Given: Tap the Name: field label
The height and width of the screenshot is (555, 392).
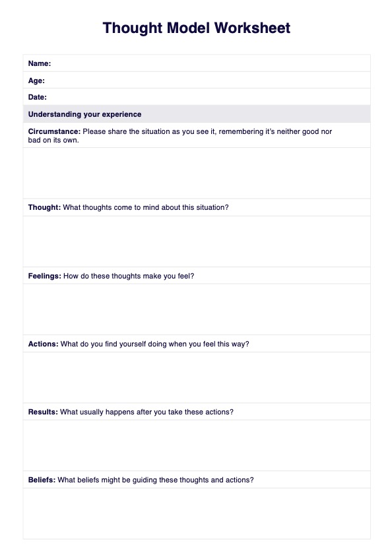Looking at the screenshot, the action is [40, 63].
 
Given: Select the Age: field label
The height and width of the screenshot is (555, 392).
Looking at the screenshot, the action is [36, 81].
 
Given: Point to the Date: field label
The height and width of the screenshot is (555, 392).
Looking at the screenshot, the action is [38, 98].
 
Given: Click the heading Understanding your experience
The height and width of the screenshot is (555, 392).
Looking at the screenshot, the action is [84, 114].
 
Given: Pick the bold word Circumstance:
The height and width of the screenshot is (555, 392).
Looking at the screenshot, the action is [54, 131].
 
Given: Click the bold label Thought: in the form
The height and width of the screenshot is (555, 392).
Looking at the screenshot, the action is [44, 207].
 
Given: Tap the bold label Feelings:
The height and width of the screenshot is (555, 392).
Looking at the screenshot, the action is [45, 276].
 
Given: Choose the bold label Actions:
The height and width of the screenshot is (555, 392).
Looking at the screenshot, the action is [43, 344].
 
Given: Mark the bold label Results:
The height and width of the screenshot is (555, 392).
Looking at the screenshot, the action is [43, 412].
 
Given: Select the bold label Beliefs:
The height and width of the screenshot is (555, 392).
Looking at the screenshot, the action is [42, 480].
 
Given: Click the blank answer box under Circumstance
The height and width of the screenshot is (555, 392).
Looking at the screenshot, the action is [197, 173].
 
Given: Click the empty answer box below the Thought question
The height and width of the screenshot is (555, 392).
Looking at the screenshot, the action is [197, 241].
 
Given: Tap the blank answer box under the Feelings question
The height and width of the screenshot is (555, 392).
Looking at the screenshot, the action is [197, 309].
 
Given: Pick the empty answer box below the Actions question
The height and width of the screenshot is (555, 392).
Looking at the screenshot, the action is [197, 377].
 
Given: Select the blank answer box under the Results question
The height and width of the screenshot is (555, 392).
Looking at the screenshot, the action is [197, 445].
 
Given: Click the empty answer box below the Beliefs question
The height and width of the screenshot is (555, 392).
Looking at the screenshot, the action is [197, 513].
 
